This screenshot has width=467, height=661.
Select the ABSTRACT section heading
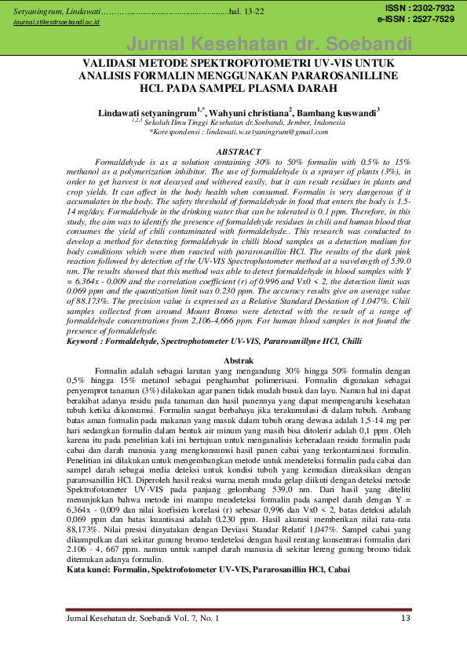coord(238,151)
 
